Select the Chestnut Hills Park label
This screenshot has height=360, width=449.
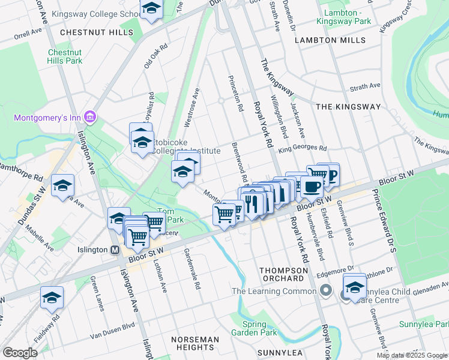pyautogui.click(x=65, y=56)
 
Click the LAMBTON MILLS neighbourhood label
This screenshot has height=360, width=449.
pyautogui.click(x=330, y=40)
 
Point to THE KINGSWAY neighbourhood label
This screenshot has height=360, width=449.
pyautogui.click(x=348, y=107)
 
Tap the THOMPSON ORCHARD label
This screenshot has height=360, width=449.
pyautogui.click(x=282, y=274)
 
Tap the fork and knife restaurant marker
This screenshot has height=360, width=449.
pyautogui.click(x=252, y=202)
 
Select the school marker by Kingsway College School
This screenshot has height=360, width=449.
pyautogui.click(x=151, y=9)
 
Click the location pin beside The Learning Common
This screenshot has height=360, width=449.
pyautogui.click(x=325, y=292)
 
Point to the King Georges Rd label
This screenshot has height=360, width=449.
pyautogui.click(x=302, y=148)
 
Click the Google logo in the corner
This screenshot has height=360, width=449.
pyautogui.click(x=20, y=352)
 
